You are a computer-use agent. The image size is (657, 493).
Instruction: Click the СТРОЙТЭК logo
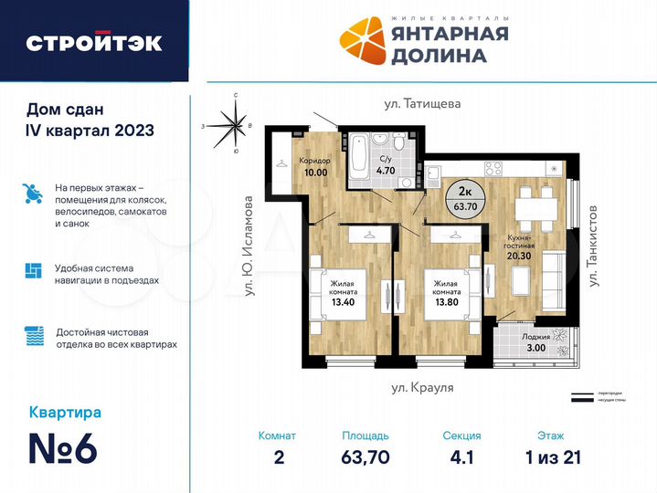(x=94, y=42)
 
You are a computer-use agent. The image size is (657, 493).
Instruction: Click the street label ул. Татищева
(x=422, y=104)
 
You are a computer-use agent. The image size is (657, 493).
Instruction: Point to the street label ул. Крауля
(x=422, y=388)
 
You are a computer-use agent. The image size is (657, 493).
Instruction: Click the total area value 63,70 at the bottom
(x=366, y=456)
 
